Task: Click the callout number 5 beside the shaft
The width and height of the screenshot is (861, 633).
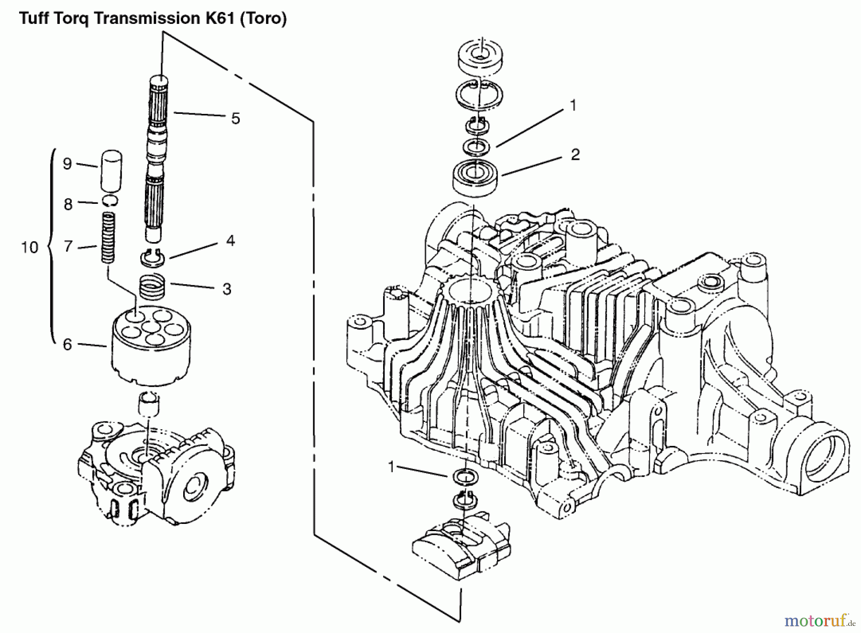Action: click(x=235, y=119)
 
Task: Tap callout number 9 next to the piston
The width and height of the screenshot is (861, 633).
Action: click(x=67, y=164)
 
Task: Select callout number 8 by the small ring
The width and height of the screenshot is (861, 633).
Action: click(x=68, y=204)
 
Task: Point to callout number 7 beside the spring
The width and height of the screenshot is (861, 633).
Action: click(x=68, y=246)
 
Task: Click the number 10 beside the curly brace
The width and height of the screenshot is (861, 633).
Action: click(x=30, y=247)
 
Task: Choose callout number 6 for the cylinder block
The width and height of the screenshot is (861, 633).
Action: click(x=67, y=344)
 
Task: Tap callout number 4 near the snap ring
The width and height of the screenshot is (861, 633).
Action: click(x=231, y=241)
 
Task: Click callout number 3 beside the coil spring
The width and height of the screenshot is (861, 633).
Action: click(x=227, y=289)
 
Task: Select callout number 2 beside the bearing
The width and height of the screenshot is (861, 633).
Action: click(x=575, y=155)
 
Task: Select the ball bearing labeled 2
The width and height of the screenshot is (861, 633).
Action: click(x=476, y=177)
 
